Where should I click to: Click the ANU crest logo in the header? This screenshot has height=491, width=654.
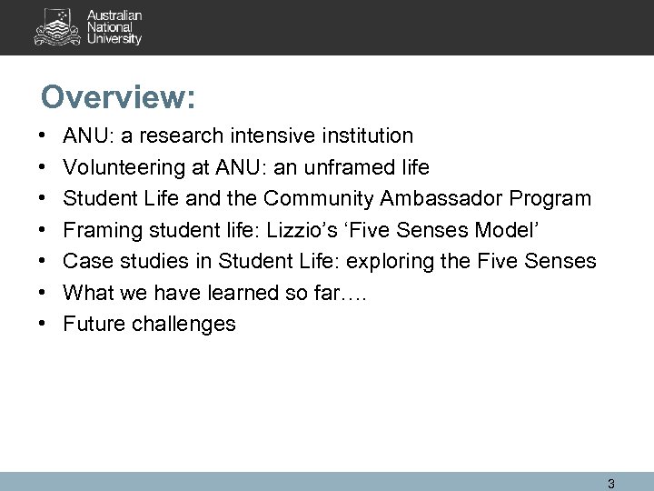point(54,28)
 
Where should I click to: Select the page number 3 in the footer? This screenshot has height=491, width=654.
point(611,483)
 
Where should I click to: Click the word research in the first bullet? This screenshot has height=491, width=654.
point(170,136)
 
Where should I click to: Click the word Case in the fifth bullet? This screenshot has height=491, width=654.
point(84,262)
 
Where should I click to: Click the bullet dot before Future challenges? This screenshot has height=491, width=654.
point(45,324)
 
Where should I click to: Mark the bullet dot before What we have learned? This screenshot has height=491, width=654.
point(45,293)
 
